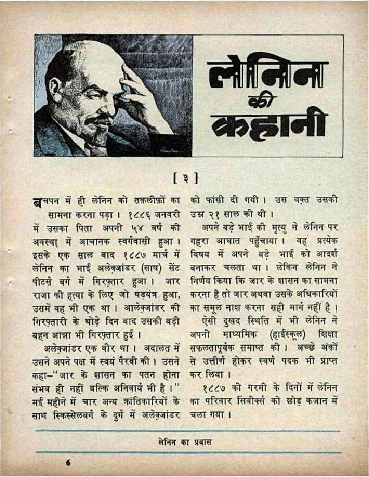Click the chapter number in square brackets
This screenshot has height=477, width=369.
point(185,179)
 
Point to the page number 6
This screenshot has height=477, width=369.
point(68,463)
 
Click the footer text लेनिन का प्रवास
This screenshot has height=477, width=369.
point(184,441)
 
